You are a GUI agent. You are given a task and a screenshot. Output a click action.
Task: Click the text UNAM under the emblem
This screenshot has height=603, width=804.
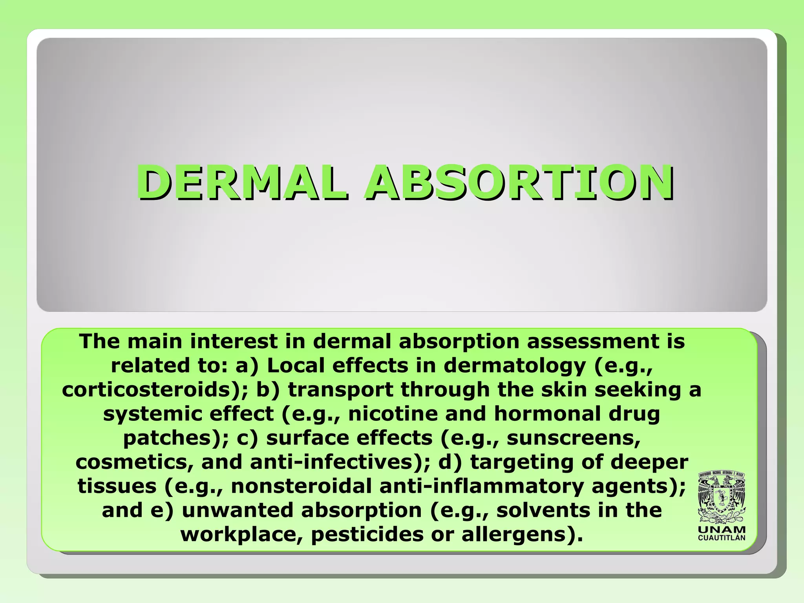[x=722, y=530]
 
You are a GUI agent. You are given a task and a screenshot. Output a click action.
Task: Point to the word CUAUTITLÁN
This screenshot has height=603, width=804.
[x=722, y=538]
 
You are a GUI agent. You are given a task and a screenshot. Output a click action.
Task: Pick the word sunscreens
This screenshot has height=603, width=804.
[x=574, y=438]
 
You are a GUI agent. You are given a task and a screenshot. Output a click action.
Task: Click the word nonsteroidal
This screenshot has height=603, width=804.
[x=301, y=486]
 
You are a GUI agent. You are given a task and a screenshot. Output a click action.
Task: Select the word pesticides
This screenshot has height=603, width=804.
[x=367, y=534]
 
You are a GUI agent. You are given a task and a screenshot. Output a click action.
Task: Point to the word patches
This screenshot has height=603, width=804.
[x=173, y=438]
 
